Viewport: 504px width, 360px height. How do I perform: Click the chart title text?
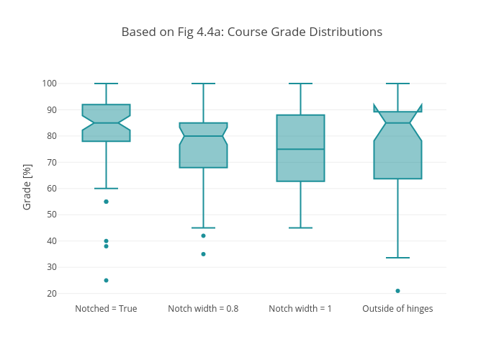coord(251,32)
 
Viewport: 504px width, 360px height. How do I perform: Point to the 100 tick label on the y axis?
coord(49,84)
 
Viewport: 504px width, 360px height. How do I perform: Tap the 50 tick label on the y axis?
coord(51,215)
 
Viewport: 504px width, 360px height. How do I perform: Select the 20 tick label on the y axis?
coord(51,294)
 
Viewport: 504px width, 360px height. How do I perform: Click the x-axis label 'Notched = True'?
coord(106,309)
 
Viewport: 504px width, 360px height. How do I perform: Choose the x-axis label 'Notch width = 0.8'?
coord(203,309)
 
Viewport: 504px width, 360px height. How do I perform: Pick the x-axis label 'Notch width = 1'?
coord(300,309)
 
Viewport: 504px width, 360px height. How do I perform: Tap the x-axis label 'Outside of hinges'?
coord(397,309)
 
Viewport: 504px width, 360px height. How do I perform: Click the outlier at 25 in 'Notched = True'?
coord(106,280)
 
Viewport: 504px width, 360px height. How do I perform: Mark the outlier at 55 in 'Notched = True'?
coord(106,202)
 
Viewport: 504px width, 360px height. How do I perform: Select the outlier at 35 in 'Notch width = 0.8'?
coord(203,254)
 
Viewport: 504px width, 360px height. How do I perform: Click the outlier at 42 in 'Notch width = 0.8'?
coord(203,235)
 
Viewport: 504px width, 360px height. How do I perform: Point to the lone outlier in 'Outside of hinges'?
coord(397,291)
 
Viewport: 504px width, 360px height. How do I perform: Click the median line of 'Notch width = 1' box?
coord(300,149)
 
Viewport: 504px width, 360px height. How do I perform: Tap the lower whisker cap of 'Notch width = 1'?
coord(300,228)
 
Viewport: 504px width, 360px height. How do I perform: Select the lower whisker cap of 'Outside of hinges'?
coord(397,258)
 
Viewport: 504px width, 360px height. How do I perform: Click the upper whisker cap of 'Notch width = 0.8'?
coord(203,84)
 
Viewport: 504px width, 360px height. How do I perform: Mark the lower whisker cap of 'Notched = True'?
coord(106,189)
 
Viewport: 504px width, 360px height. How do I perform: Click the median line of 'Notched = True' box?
coord(106,123)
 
